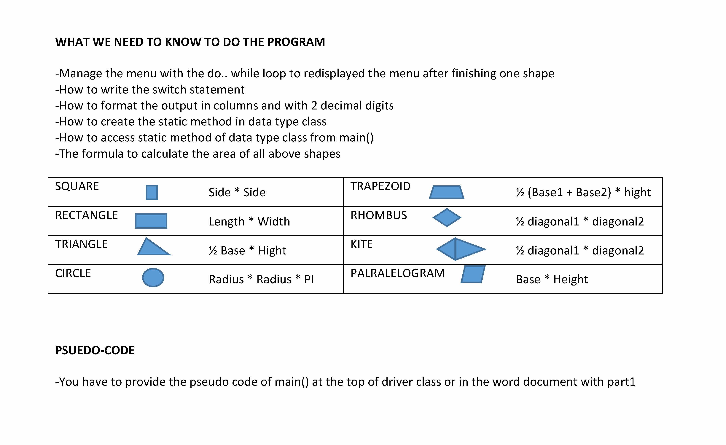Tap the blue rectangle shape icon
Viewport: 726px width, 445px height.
tap(151, 221)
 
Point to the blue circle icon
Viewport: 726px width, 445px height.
tap(153, 277)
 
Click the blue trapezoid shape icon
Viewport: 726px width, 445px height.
tap(447, 192)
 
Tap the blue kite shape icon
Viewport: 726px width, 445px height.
tap(461, 249)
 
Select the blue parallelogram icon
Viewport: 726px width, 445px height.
tap(473, 274)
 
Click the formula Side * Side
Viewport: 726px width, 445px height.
tap(237, 192)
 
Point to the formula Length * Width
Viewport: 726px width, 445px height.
tap(249, 221)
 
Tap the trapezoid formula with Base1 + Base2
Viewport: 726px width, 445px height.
tap(583, 192)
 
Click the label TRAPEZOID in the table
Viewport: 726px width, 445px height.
tap(380, 186)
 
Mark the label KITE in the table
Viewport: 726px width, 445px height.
tap(361, 244)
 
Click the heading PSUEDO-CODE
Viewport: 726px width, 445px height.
tap(95, 350)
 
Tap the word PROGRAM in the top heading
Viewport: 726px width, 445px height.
tap(296, 42)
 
